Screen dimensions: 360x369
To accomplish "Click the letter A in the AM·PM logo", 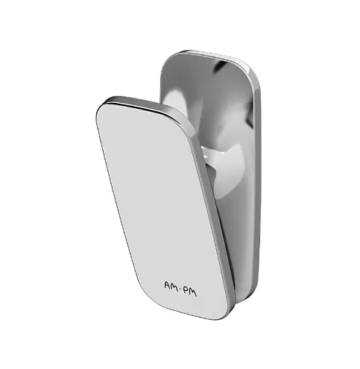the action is [168, 286].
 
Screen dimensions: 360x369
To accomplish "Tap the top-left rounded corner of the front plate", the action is [100, 107].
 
